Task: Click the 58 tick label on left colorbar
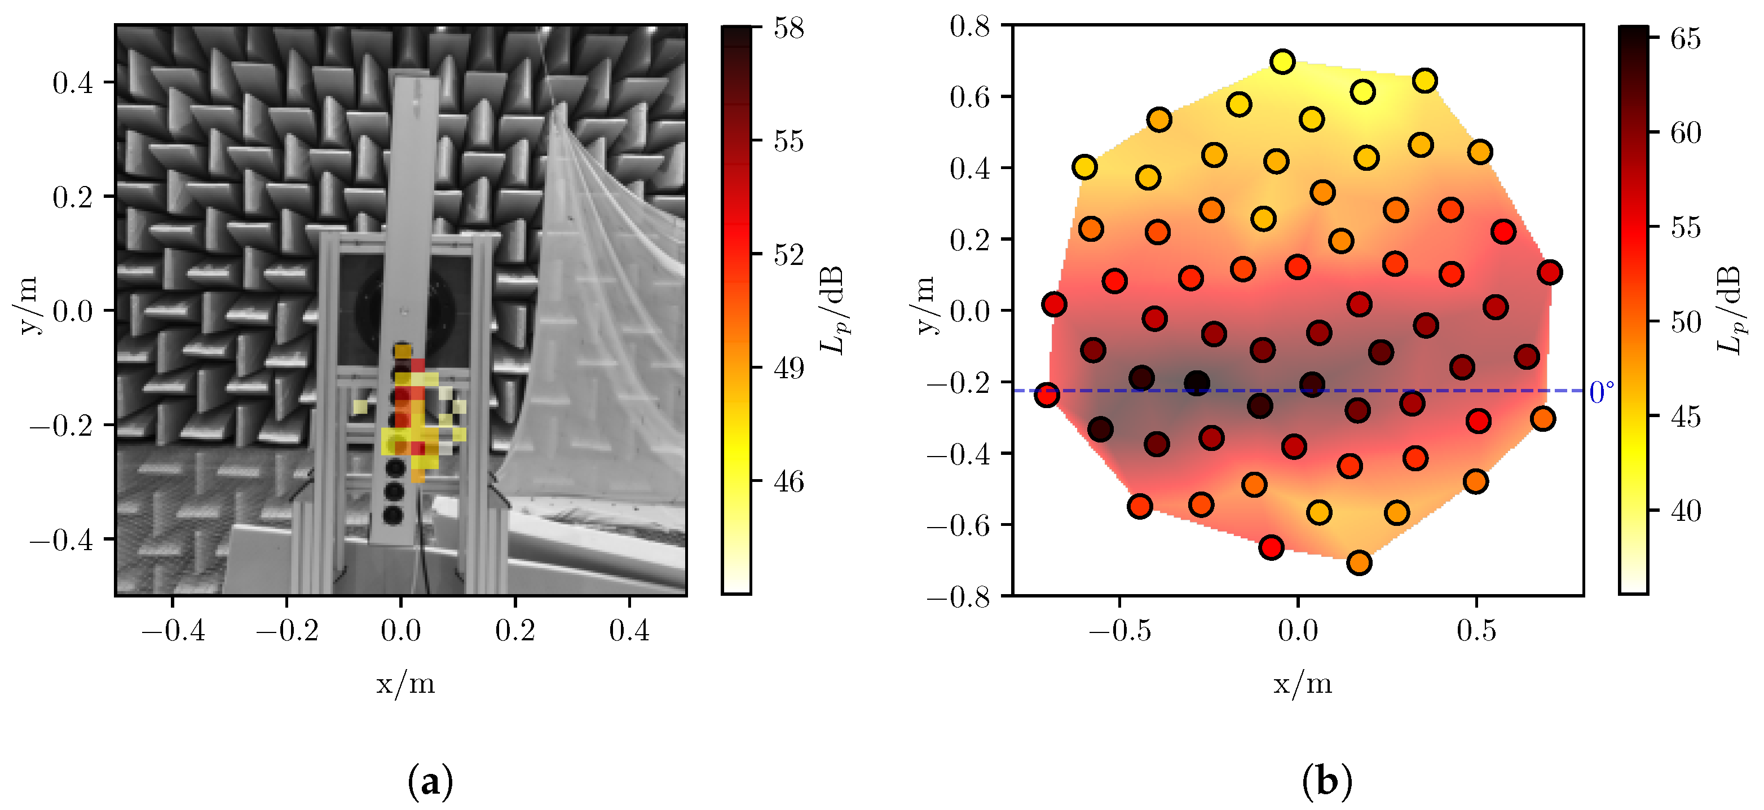[x=788, y=29]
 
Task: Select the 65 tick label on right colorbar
[x=1685, y=39]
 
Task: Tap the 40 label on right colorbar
[x=1685, y=511]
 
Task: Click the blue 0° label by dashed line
[x=1602, y=393]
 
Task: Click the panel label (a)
[x=430, y=781]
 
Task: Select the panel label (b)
[x=1326, y=781]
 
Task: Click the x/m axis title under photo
[x=405, y=683]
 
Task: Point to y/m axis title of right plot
[x=925, y=306]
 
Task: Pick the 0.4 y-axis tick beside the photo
[x=73, y=83]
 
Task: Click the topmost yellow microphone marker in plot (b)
[x=1282, y=61]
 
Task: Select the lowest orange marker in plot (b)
[x=1359, y=563]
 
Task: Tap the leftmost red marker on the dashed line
[x=1046, y=395]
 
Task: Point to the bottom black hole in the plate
[x=393, y=515]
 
